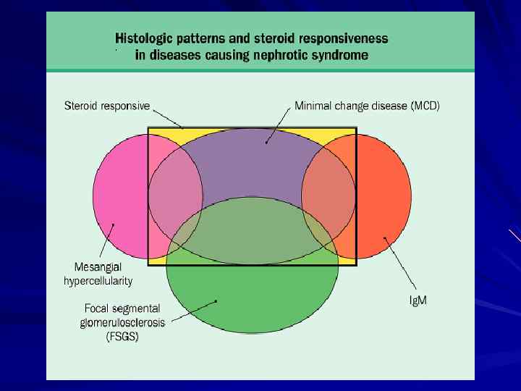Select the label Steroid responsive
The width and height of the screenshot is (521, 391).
click(x=107, y=106)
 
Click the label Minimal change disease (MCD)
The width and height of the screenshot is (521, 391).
click(x=367, y=106)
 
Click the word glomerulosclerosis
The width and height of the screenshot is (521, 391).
click(x=120, y=322)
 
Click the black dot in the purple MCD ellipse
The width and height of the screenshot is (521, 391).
click(x=267, y=143)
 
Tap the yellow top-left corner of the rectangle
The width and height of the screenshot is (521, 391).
click(x=156, y=134)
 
